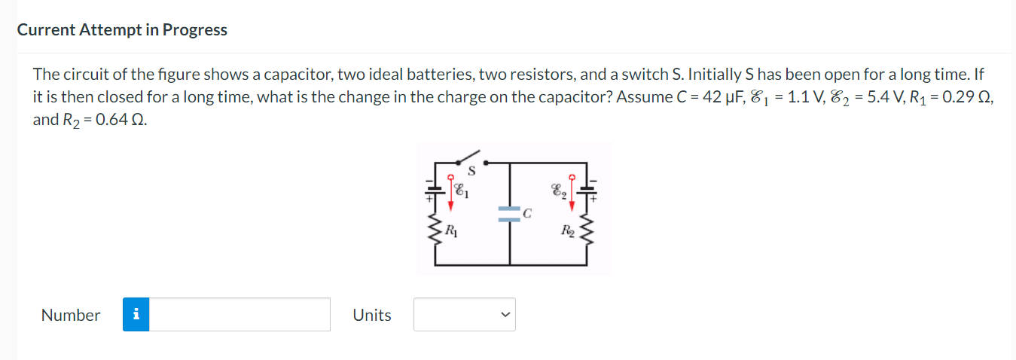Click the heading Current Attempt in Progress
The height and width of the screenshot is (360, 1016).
(122, 30)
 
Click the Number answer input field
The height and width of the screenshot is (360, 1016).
(240, 315)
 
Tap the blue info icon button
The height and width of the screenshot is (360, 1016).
(136, 315)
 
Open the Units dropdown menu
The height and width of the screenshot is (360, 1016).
(464, 315)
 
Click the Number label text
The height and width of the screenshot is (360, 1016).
(71, 315)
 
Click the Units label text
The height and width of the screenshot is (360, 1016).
(372, 315)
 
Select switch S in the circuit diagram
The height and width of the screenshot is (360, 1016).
(471, 159)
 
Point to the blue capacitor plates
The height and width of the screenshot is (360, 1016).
(510, 213)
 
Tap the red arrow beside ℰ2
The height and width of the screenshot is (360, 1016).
(572, 191)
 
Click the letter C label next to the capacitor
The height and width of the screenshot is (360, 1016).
(528, 213)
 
